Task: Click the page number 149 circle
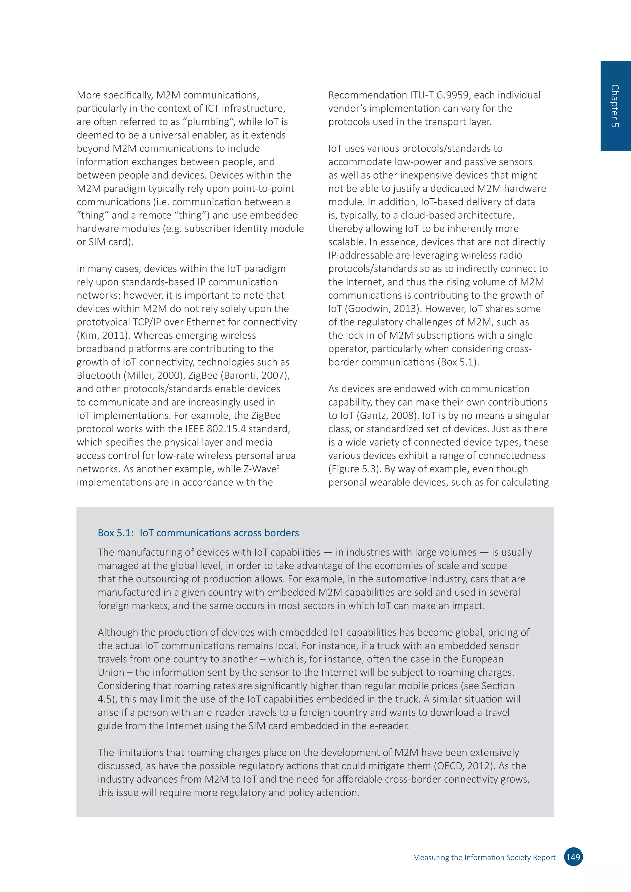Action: click(573, 857)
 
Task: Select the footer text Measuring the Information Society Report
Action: click(484, 858)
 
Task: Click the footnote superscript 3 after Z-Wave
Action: click(278, 467)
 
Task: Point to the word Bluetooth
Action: click(99, 375)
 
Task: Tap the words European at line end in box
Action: click(482, 659)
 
